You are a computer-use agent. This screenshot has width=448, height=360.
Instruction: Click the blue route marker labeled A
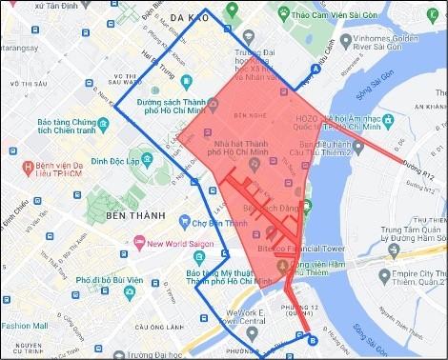[x=316, y=70]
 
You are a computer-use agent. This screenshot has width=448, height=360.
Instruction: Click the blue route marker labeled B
[x=313, y=339]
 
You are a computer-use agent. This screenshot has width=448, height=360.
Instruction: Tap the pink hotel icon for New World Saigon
[x=139, y=243]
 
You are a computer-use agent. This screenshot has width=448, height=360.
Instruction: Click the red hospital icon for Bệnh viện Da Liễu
[x=28, y=169]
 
